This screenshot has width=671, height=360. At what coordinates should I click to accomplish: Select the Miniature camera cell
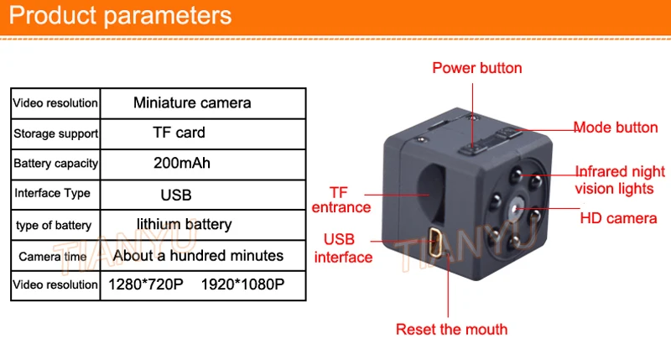(x=192, y=103)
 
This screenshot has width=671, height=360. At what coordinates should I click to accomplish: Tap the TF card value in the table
(x=179, y=133)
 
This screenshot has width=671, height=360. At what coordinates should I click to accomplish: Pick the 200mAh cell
(x=182, y=163)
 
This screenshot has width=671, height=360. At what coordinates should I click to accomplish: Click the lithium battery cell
(x=184, y=224)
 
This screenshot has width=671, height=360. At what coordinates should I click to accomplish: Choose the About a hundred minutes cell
(x=198, y=255)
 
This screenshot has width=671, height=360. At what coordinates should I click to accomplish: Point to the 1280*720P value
(x=146, y=284)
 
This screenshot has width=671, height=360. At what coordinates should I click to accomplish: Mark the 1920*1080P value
(x=242, y=284)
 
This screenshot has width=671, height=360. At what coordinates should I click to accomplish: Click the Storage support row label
(x=55, y=133)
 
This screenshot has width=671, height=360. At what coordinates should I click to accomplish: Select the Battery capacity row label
(x=55, y=164)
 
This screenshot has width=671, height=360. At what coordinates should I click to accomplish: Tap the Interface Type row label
(x=52, y=193)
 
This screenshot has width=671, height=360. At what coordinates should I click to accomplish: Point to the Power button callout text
(x=477, y=68)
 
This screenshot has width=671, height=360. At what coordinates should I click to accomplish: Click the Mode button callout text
(x=616, y=128)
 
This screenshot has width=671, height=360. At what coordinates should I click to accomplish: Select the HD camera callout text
(x=618, y=219)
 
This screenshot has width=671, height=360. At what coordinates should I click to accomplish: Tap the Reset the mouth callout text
(x=451, y=329)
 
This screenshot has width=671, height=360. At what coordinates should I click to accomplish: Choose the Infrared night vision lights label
(x=620, y=180)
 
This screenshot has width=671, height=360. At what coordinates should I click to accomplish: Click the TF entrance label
(x=340, y=199)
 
